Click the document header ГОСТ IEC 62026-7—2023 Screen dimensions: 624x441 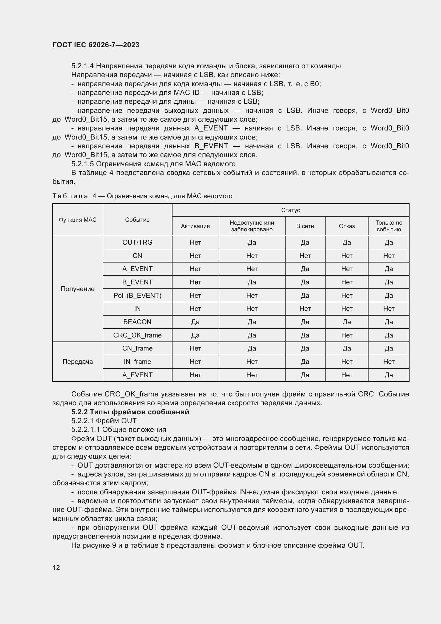coord(96,45)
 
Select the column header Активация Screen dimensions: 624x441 coord(195,226)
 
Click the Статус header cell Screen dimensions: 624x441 coord(290,210)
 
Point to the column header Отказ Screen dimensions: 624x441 coord(347,226)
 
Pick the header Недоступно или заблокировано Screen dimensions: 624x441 coord(252,226)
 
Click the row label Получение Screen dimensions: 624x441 coord(78,289)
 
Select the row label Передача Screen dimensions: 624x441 coord(78,361)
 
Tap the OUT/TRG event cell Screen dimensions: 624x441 coord(137,242)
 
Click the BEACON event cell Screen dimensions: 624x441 coord(137,322)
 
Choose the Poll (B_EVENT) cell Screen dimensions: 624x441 coord(137,295)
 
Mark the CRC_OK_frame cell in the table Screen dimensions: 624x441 coord(137,335)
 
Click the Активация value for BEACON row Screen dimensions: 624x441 coord(195,322)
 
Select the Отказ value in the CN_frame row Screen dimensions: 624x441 coord(347,348)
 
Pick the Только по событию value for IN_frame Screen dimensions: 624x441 coord(388,361)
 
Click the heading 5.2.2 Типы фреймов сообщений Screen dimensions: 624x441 coord(130,412)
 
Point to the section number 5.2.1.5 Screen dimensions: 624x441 coord(83,164)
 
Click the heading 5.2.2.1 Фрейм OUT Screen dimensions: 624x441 coord(104,421)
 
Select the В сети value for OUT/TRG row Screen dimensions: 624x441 coord(305,242)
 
